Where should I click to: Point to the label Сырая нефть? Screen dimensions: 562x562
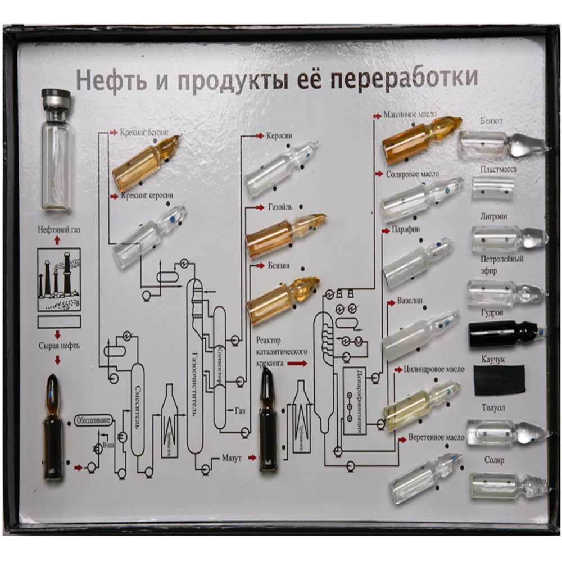(x=58, y=346)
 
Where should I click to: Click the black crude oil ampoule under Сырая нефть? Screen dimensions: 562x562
(x=55, y=427)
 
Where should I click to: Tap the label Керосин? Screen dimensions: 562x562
(x=279, y=136)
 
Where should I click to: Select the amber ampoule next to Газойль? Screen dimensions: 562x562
(x=284, y=234)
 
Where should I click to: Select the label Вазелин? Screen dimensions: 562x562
(x=410, y=301)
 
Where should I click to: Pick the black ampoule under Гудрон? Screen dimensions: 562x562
(x=503, y=333)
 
